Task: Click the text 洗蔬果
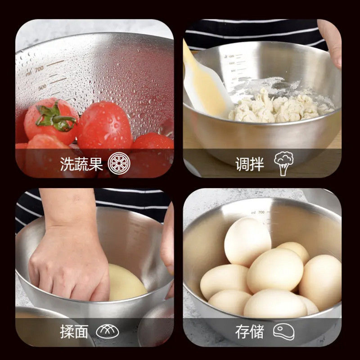coord(81,164)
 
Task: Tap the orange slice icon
coord(117,163)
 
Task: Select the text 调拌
coord(250,164)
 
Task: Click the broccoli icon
coord(283,163)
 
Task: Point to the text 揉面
coord(74,332)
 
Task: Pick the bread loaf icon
coord(108,332)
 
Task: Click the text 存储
coord(249,332)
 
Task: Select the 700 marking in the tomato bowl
coord(39,68)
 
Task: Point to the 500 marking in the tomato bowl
coord(42,86)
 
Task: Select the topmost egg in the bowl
coord(247,241)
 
